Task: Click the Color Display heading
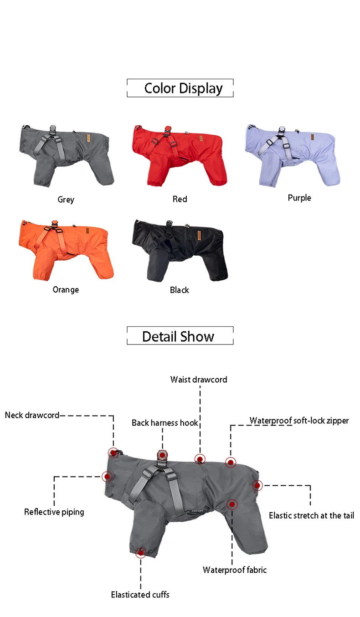183,88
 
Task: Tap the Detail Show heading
178,337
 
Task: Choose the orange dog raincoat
65,249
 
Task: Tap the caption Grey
66,199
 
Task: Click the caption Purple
299,198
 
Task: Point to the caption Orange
66,290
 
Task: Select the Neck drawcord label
32,415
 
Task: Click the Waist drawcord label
199,380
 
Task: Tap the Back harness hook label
165,423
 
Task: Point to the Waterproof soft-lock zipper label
299,421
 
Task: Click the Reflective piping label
54,512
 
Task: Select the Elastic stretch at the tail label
311,515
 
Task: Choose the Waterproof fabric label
235,570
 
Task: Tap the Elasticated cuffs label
140,594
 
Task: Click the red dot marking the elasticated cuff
140,553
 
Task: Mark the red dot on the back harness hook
162,455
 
